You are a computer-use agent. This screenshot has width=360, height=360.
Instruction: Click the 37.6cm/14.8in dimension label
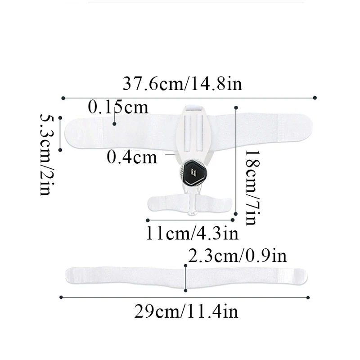pos(182,84)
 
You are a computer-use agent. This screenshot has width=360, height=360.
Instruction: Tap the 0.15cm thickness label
pos(118,108)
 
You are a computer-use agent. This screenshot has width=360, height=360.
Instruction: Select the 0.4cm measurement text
pos(132,157)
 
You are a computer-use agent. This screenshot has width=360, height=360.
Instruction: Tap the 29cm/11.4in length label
pos(186,311)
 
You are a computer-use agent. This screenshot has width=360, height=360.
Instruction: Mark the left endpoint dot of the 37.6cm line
pos(63,97)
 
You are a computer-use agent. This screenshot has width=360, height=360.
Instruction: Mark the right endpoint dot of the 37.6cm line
pos(315,97)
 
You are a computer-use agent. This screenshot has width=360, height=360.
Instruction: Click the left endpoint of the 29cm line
pos(61,297)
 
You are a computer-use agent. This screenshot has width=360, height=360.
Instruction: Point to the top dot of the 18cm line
pos(236,107)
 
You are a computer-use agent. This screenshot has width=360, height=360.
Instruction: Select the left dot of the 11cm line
pos(148,220)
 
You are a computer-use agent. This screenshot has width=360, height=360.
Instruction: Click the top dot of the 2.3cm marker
pos(185,266)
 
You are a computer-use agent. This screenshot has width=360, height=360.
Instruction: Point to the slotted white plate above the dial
pos(193,128)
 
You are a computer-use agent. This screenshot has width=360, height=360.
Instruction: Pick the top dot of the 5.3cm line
pos(60,118)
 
